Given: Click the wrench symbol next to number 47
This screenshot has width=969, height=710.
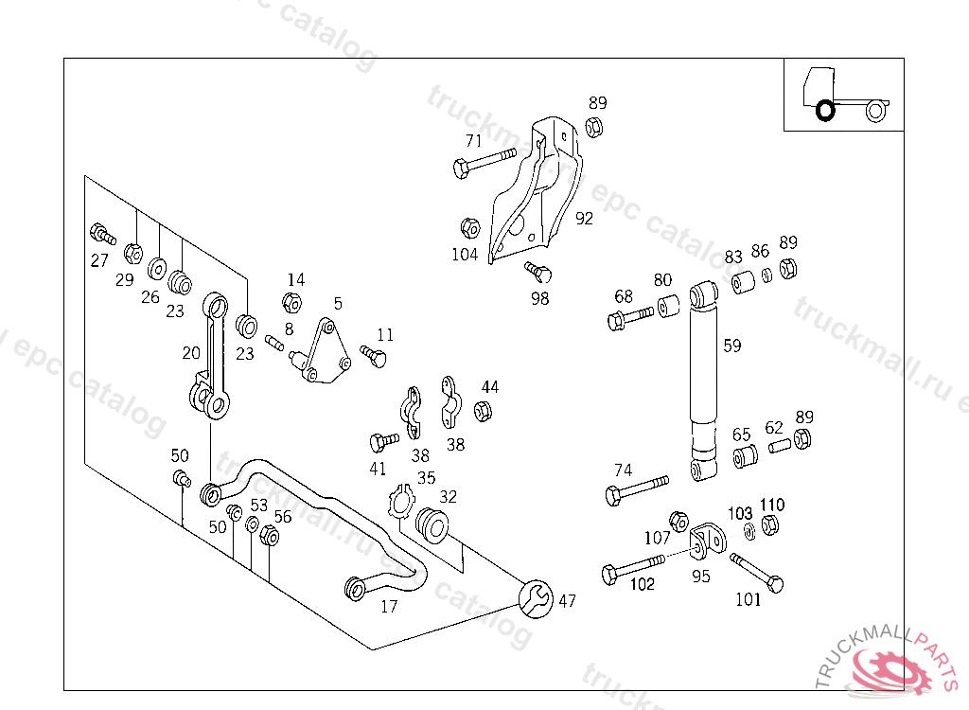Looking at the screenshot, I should (535, 596).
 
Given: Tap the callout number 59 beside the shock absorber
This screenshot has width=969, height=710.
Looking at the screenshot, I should (731, 346).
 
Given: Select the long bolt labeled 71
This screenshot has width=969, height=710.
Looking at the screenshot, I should (484, 162).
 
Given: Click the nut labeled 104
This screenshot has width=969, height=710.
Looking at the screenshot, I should (469, 228).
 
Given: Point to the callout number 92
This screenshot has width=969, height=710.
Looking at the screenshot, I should (584, 219).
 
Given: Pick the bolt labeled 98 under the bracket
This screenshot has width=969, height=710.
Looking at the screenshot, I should (538, 271).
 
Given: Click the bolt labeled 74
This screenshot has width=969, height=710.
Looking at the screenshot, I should (636, 491).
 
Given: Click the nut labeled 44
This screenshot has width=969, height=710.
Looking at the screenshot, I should (481, 410).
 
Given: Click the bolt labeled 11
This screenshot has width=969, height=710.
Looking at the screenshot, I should (374, 356).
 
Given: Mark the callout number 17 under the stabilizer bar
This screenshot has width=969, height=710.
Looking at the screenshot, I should (389, 607).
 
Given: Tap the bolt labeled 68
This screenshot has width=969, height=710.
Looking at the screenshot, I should (630, 317).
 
